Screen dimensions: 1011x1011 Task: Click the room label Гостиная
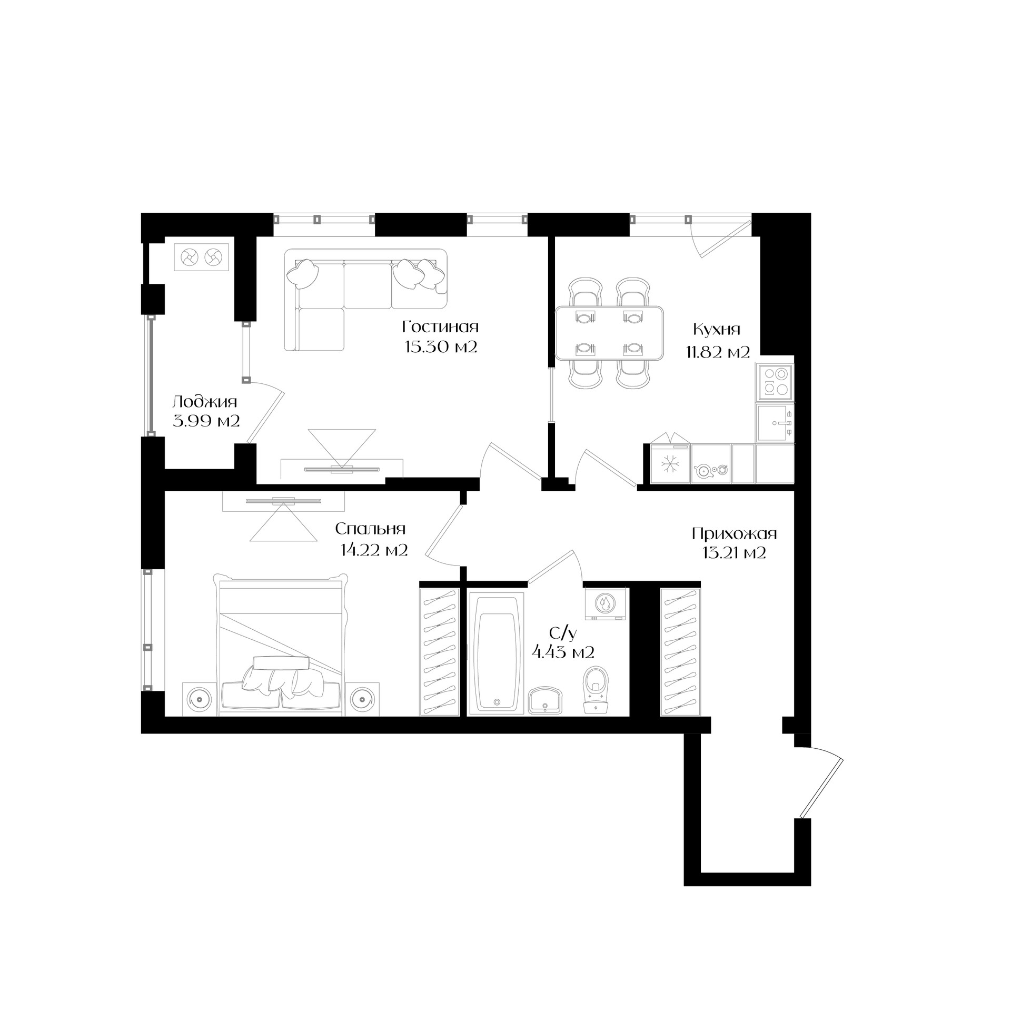coord(440,328)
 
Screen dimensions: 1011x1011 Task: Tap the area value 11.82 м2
coord(717,352)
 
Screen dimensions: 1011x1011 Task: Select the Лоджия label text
coord(205,403)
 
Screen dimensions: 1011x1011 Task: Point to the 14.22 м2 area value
coord(374,551)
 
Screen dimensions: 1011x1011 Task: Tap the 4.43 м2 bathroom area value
coord(563,653)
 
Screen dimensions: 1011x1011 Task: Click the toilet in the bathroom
coord(596,690)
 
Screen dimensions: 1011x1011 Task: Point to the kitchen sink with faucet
coord(775,423)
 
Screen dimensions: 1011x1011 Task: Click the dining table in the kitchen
coord(609,334)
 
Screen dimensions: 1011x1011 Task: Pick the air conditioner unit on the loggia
coord(202,257)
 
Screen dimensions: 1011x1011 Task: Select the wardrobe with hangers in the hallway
coord(680,651)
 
